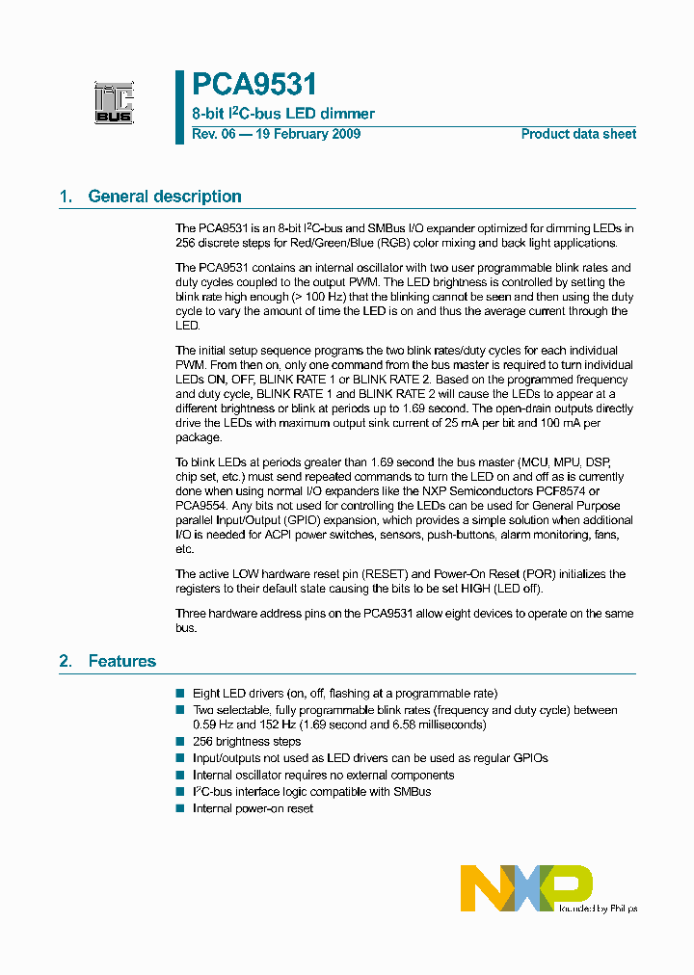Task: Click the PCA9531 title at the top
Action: (254, 86)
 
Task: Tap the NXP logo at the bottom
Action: (526, 888)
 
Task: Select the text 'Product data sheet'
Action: (578, 134)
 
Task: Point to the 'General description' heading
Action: (165, 197)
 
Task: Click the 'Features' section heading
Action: (122, 661)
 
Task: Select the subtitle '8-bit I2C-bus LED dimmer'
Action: (283, 114)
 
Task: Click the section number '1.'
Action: (66, 197)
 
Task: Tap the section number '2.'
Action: (66, 661)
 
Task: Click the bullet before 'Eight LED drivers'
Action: (179, 693)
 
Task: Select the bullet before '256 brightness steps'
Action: (179, 742)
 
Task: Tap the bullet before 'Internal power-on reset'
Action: (179, 807)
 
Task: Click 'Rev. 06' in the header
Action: (213, 134)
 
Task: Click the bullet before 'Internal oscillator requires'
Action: (179, 775)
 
